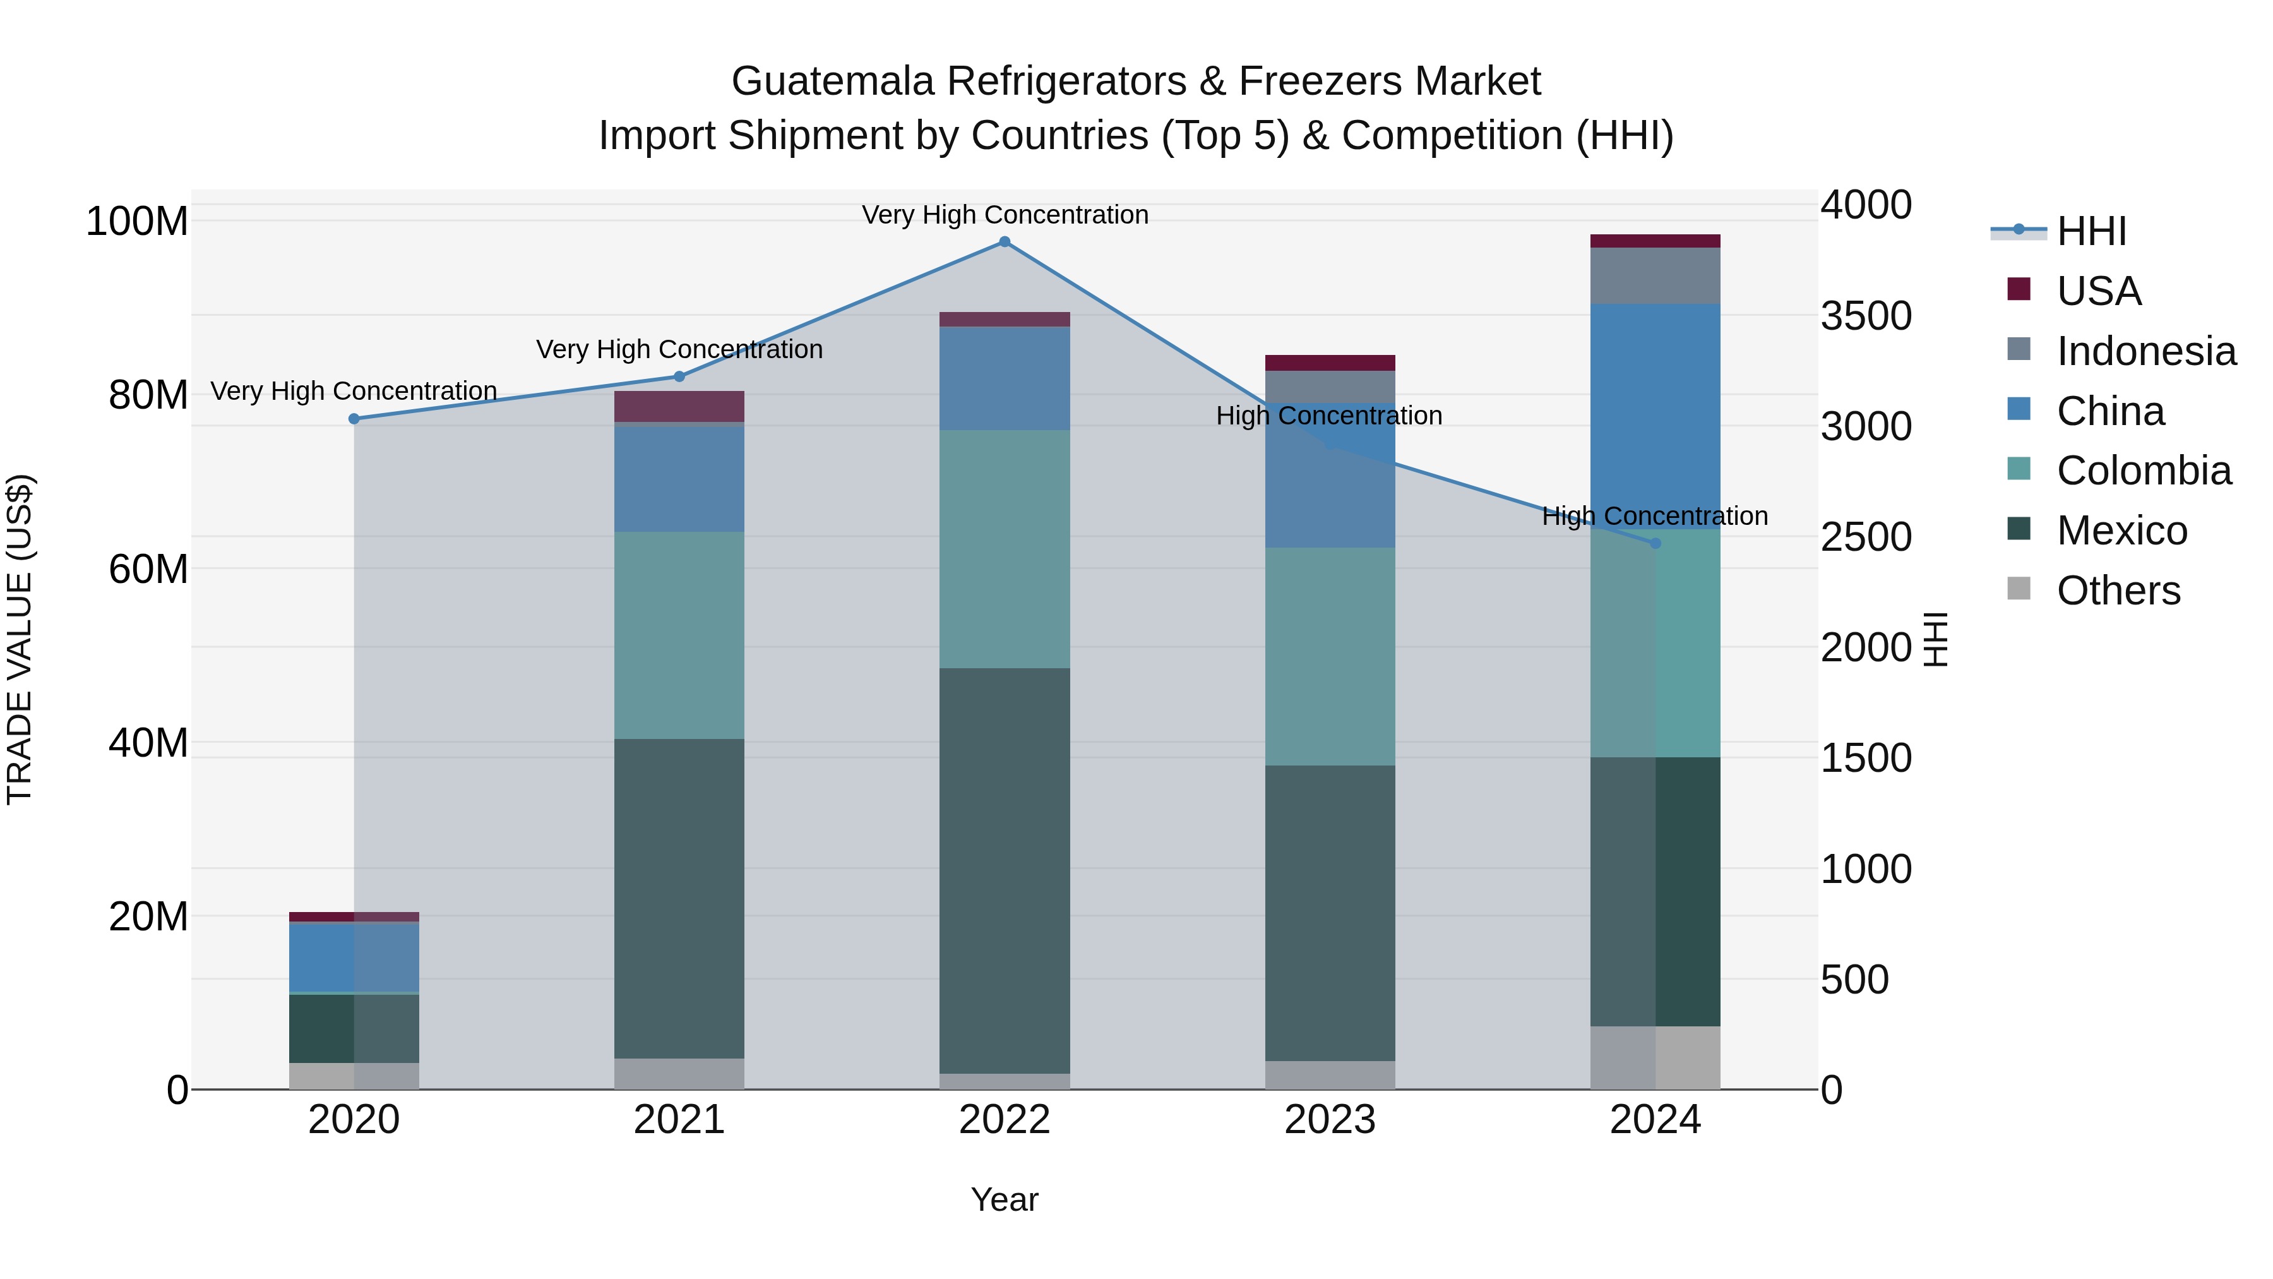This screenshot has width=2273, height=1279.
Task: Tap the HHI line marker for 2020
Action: point(354,419)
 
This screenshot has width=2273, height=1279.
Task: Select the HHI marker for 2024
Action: point(1656,544)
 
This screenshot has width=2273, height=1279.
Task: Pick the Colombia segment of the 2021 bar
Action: point(679,635)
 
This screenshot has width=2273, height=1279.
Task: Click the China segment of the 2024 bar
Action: point(1656,415)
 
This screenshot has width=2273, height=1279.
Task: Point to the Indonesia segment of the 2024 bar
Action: point(1656,275)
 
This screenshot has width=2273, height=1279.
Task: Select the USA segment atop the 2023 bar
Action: point(1330,363)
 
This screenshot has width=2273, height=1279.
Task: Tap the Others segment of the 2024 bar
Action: point(1656,1057)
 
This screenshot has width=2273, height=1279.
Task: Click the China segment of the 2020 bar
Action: point(354,958)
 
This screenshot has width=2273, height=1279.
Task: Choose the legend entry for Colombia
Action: point(2144,471)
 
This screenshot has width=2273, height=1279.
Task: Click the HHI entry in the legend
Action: point(2091,231)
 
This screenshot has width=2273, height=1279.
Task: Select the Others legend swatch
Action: point(2019,589)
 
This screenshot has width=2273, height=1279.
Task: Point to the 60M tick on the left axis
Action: point(148,569)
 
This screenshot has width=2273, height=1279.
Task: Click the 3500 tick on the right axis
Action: point(1866,316)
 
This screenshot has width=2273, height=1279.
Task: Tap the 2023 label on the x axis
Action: point(1330,1120)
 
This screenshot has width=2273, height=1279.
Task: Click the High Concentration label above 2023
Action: point(1329,416)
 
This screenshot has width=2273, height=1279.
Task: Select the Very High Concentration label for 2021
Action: point(679,349)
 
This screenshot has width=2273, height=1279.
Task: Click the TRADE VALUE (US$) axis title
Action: point(20,639)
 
